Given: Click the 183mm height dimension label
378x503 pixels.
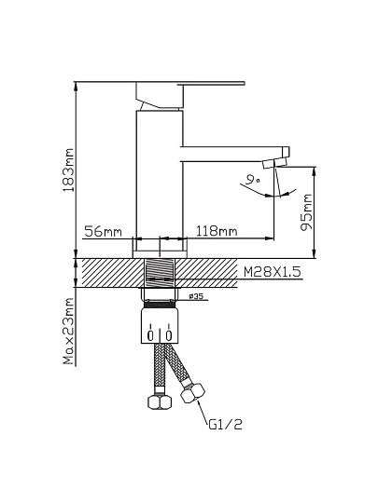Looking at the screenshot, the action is click(68, 170).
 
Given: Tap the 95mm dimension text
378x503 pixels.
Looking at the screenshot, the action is click(306, 212).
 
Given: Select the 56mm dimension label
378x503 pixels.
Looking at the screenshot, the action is click(104, 231).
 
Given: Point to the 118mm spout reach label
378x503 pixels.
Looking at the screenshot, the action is click(217, 231).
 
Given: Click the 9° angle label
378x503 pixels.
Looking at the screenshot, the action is click(252, 180).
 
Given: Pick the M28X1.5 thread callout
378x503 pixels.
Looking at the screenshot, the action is click(273, 272).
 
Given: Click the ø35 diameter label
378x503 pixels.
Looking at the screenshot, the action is click(196, 296).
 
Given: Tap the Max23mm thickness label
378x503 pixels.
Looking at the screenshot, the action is click(68, 331).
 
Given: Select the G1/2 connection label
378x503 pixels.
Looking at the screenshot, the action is click(225, 425).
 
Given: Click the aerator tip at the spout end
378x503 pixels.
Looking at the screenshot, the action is click(274, 163).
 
